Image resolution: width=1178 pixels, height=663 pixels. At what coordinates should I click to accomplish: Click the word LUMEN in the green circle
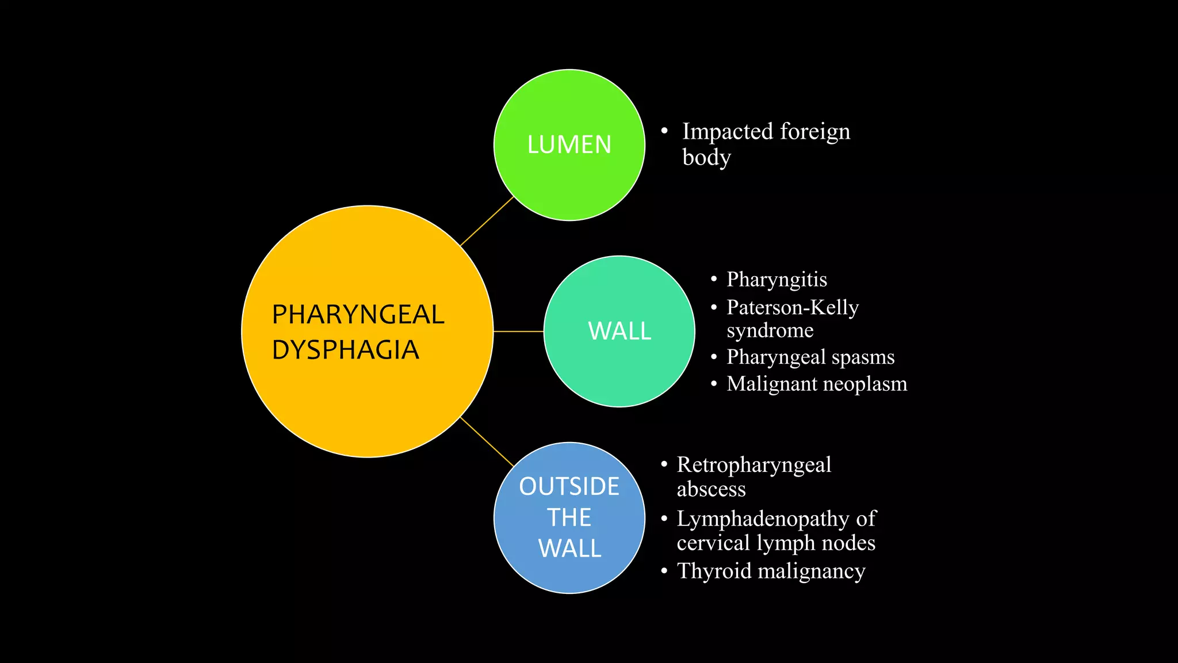click(x=569, y=144)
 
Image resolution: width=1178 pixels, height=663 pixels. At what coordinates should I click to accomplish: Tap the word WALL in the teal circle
click(x=619, y=331)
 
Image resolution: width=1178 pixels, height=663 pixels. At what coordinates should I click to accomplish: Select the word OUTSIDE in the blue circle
click(x=569, y=486)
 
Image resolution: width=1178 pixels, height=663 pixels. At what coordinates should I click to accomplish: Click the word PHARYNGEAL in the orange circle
click(x=358, y=315)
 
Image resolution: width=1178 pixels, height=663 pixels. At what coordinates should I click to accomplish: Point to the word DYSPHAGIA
click(x=345, y=350)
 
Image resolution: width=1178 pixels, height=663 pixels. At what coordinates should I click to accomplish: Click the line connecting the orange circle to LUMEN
click(x=487, y=222)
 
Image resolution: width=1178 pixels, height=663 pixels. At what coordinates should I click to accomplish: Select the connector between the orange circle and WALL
click(x=518, y=331)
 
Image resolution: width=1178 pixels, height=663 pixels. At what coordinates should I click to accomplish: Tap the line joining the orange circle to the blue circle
click(x=487, y=441)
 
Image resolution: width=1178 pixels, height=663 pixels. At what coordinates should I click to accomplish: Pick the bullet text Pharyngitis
click(x=777, y=280)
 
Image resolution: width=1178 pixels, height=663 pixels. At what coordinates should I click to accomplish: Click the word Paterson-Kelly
click(x=792, y=307)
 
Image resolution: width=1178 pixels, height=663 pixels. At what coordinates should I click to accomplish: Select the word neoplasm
click(x=867, y=384)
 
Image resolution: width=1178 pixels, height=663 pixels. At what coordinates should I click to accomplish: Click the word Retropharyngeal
click(x=754, y=465)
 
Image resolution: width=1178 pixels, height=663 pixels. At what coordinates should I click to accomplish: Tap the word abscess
click(x=711, y=489)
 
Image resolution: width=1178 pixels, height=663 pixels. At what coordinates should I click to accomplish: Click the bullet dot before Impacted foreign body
click(x=664, y=131)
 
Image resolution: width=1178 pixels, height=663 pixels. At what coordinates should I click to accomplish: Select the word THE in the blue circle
click(x=569, y=517)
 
